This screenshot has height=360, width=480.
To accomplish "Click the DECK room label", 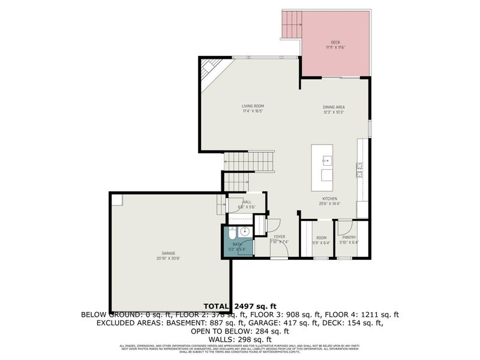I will [335, 42].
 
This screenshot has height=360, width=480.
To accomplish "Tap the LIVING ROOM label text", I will [253, 106].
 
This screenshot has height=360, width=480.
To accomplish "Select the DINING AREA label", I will [334, 107].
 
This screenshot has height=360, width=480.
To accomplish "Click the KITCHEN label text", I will [330, 199].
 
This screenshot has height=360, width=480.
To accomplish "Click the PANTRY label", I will [349, 238].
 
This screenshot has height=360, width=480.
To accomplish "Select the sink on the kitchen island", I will [327, 160].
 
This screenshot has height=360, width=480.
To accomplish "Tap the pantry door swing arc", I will [343, 227].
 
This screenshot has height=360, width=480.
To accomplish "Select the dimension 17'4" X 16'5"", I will [253, 112].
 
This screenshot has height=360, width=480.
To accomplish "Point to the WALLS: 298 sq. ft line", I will [239, 339].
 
